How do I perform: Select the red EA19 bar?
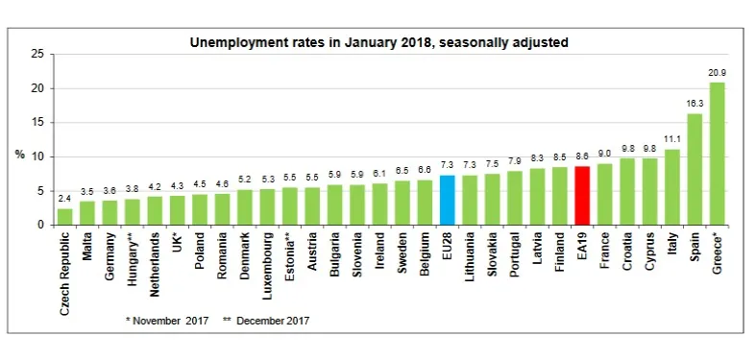point(582,196)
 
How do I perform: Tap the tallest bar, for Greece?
point(717,154)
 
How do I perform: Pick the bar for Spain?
point(695,169)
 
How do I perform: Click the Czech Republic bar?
point(65,217)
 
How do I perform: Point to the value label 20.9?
point(717,73)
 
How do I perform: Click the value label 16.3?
point(695,105)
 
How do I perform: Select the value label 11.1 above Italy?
point(672,140)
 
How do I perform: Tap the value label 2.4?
point(65,200)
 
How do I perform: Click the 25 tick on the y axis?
point(37,55)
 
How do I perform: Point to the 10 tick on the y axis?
point(37,157)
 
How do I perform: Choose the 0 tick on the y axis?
point(39,226)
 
